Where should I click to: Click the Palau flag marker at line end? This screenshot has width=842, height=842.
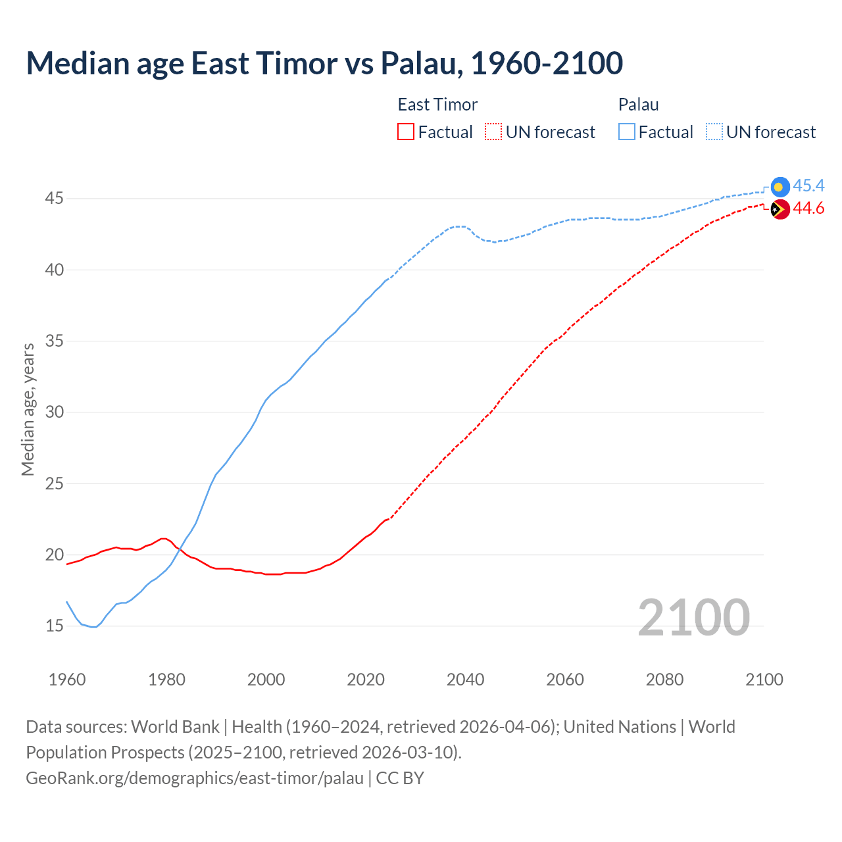(x=780, y=187)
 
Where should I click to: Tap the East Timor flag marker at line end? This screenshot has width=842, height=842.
(x=780, y=210)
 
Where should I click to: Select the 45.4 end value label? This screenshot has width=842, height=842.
(x=808, y=186)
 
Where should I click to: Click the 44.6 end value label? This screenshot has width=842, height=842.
(x=808, y=209)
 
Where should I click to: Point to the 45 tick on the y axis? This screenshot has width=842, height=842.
(x=54, y=199)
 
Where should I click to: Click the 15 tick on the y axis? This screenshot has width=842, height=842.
(x=54, y=626)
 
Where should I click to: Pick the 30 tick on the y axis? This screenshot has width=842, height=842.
(x=54, y=412)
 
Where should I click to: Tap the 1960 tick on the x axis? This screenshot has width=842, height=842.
(x=67, y=680)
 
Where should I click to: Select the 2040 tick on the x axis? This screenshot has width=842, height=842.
(x=465, y=680)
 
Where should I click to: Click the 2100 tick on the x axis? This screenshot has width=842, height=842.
(x=764, y=680)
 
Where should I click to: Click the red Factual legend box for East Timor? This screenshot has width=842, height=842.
(x=406, y=132)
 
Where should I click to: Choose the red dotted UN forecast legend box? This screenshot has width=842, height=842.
(x=493, y=132)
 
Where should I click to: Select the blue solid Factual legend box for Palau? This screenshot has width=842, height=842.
(x=627, y=132)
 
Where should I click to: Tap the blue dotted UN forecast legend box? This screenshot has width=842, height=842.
(x=714, y=132)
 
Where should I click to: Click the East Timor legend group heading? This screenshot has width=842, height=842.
(x=437, y=105)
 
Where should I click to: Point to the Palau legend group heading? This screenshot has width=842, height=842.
(x=638, y=105)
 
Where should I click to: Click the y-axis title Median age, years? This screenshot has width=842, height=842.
(x=28, y=409)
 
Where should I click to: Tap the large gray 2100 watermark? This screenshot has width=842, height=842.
(x=693, y=617)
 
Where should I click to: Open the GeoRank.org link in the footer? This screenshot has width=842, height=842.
(x=194, y=778)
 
